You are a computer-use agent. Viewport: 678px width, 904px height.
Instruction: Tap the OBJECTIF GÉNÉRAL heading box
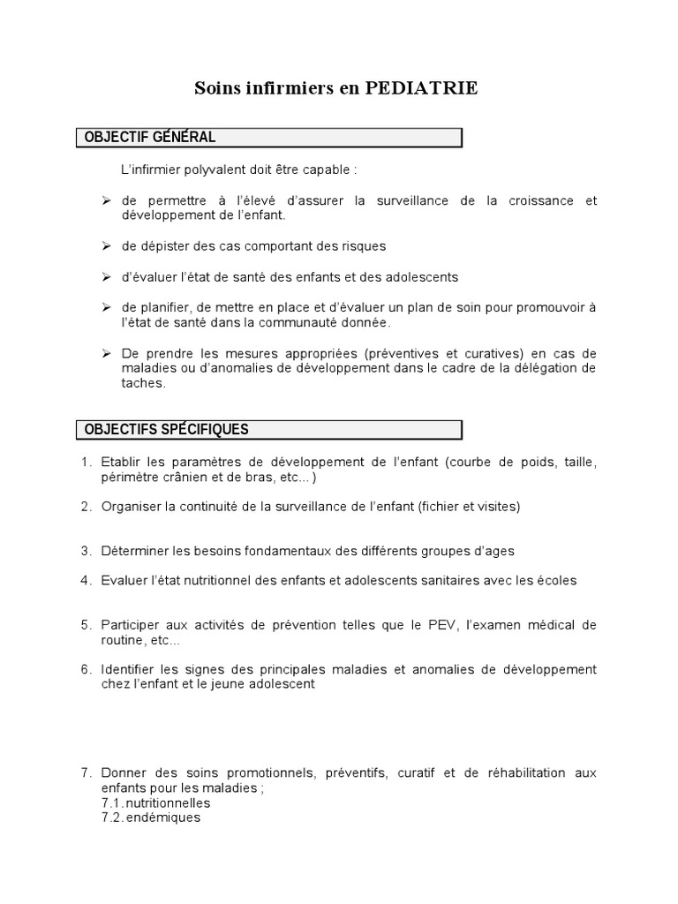pos(268,138)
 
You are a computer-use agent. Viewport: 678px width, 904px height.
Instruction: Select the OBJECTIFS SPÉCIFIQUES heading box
pos(268,430)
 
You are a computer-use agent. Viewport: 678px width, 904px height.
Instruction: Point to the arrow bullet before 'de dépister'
pos(106,245)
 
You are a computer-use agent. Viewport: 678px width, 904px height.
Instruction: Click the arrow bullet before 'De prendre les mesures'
pos(106,352)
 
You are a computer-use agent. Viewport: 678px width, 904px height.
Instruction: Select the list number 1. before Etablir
pos(87,463)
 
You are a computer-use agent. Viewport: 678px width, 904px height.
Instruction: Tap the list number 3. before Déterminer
pos(87,551)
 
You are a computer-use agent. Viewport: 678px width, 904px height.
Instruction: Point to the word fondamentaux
pos(267,551)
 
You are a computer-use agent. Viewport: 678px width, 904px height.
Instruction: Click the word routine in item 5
pos(123,640)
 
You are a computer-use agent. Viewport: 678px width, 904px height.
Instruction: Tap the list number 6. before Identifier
pos(87,669)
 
